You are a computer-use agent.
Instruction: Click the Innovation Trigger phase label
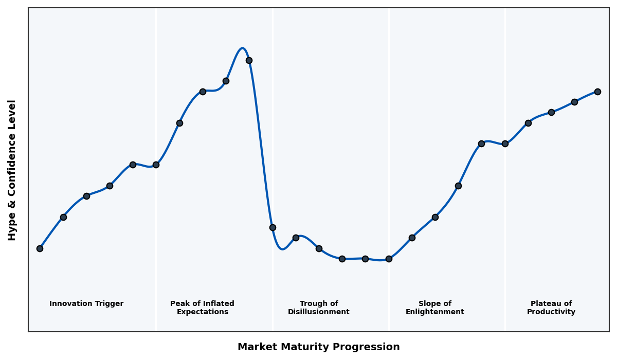(x=86, y=304)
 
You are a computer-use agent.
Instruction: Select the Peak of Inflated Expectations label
(x=202, y=308)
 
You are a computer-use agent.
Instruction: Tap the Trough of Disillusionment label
(x=318, y=308)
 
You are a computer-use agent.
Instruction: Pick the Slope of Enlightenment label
(x=434, y=308)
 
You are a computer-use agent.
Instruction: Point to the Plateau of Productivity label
(x=551, y=308)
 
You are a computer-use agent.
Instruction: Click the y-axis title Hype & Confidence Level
(x=12, y=170)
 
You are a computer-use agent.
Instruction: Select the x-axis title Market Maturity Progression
(x=318, y=347)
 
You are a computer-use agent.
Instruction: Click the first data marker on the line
(x=40, y=248)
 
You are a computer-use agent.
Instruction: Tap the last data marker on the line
(x=597, y=92)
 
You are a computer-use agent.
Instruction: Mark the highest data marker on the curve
(x=249, y=60)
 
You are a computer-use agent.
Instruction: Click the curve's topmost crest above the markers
(x=242, y=48)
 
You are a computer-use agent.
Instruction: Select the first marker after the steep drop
(x=273, y=227)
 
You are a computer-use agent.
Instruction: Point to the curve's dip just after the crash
(x=282, y=249)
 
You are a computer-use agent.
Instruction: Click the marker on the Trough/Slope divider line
(x=389, y=259)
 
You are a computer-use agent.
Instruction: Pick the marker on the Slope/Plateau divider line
(x=505, y=143)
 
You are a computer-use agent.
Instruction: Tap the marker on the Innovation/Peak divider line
(x=156, y=165)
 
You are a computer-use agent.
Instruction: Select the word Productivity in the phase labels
(x=551, y=312)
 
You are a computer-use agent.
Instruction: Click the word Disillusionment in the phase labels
(x=318, y=312)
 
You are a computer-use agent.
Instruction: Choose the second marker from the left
(x=63, y=217)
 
